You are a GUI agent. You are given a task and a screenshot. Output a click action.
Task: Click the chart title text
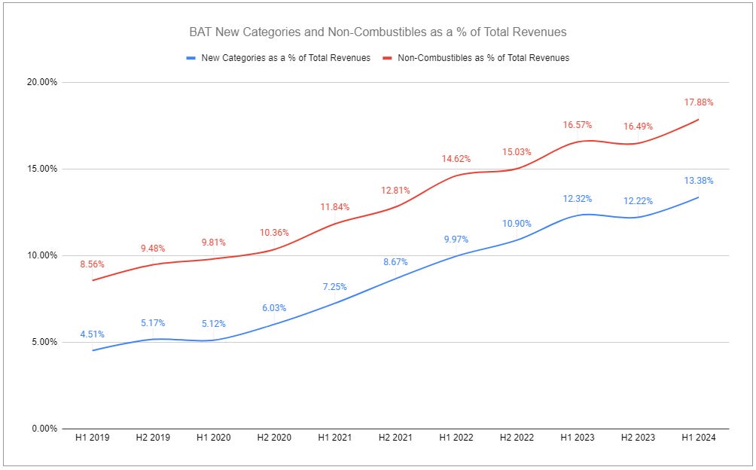(x=377, y=32)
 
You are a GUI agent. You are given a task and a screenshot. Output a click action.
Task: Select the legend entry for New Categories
(x=278, y=58)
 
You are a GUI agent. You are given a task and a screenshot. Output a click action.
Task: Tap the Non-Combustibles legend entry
(x=476, y=58)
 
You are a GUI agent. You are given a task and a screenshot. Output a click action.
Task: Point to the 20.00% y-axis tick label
(x=42, y=82)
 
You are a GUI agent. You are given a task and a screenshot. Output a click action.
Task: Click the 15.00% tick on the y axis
(x=42, y=169)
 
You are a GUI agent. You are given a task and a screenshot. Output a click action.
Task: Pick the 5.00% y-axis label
(x=44, y=342)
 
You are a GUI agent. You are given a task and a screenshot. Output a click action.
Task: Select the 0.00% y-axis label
(x=44, y=429)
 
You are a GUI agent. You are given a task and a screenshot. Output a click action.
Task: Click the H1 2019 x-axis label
(x=92, y=438)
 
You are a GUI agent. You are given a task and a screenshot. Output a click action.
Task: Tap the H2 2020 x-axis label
(x=274, y=438)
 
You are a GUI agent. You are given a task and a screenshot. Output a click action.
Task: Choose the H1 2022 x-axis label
(x=456, y=438)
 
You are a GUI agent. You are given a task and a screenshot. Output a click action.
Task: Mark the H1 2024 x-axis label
(x=699, y=438)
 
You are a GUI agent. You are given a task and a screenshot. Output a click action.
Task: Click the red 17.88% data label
(x=699, y=102)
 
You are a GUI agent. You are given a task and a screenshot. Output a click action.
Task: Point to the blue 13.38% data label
(x=699, y=181)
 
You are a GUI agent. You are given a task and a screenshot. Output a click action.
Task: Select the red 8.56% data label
(x=92, y=264)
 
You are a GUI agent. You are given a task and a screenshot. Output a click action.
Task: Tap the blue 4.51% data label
(x=92, y=334)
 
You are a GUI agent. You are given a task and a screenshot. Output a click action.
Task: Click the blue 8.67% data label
(x=395, y=262)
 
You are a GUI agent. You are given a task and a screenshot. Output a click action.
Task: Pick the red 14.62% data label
(x=456, y=159)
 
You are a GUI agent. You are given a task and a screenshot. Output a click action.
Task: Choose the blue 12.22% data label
(x=638, y=201)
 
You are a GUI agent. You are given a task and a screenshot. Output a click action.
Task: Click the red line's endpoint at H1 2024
(x=699, y=119)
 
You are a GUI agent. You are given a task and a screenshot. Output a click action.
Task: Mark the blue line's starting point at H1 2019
(x=92, y=350)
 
